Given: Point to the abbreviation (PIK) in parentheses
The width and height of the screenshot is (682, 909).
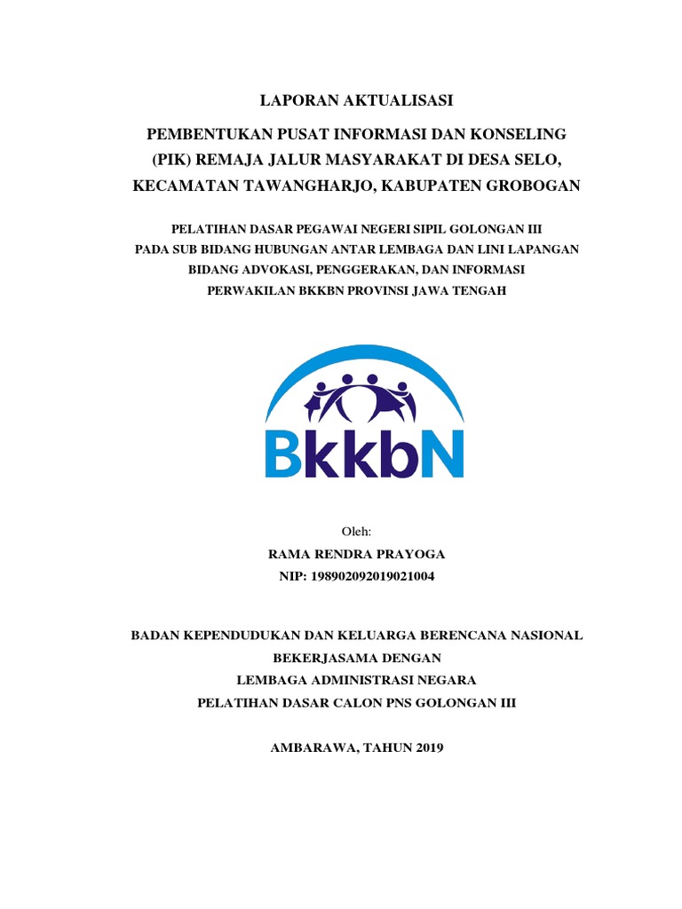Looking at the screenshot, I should tap(168, 160).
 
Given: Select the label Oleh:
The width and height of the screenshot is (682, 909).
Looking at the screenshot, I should tap(356, 531).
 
